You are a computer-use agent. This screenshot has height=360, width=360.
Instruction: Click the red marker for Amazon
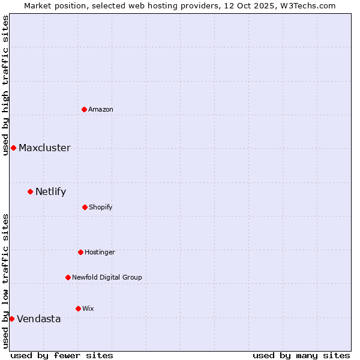pyautogui.click(x=84, y=109)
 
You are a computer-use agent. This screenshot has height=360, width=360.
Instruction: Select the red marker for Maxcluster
pyautogui.click(x=13, y=148)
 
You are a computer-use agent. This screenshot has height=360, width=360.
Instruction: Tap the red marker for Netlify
pyautogui.click(x=30, y=191)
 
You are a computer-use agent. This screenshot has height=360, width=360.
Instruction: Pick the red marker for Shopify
pyautogui.click(x=85, y=207)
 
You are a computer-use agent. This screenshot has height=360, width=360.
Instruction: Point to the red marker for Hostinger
pyautogui.click(x=80, y=252)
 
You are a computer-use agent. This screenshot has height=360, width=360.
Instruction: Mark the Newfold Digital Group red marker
pyautogui.click(x=68, y=277)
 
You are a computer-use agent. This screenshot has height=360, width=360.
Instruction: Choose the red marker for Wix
pyautogui.click(x=78, y=308)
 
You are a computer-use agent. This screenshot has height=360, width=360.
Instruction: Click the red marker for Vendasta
pyautogui.click(x=11, y=319)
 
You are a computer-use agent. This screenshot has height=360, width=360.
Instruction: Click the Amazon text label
pyautogui.click(x=101, y=109)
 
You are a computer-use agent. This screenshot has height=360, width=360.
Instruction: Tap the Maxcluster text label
pyautogui.click(x=44, y=148)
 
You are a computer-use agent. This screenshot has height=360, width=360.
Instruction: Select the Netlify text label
pyautogui.click(x=50, y=192)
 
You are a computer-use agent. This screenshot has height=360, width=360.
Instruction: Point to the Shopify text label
pyautogui.click(x=100, y=207)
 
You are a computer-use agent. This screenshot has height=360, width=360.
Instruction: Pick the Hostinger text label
pyautogui.click(x=100, y=252)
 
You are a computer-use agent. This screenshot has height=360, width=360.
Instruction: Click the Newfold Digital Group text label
pyautogui.click(x=107, y=277)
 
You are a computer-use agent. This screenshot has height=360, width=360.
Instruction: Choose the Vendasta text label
pyautogui.click(x=38, y=319)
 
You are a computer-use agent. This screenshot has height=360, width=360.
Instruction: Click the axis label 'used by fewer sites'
pyautogui.click(x=62, y=355)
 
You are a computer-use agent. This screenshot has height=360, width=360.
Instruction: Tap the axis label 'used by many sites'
pyautogui.click(x=301, y=355)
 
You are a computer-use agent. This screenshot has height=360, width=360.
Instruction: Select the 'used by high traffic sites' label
pyautogui.click(x=5, y=85)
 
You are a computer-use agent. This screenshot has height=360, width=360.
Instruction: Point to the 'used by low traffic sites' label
pyautogui.click(x=5, y=281)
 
